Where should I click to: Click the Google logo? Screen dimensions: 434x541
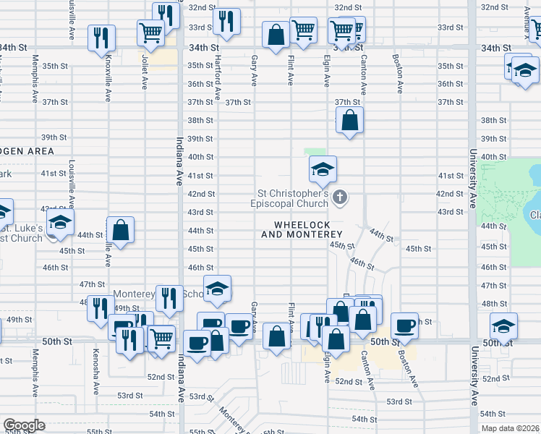23,425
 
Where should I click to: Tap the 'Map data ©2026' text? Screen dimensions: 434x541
511,428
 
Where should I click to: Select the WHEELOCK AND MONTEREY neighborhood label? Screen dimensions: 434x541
302,230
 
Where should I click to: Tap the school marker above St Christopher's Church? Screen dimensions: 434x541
323,171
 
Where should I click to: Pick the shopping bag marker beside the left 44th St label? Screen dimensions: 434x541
121,231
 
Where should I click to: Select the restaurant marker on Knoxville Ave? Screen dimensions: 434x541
101,37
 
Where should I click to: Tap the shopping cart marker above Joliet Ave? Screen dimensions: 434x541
150,32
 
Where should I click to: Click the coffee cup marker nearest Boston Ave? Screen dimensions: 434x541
405,326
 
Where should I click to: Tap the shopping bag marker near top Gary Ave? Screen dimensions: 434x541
276,34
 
